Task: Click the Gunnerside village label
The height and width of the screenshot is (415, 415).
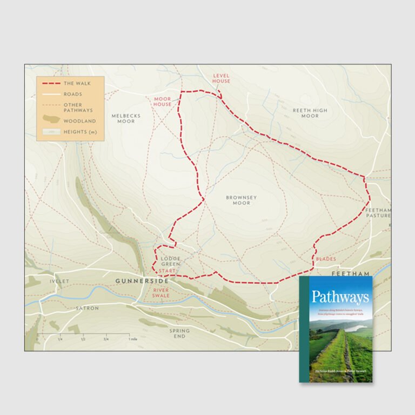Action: tap(142, 282)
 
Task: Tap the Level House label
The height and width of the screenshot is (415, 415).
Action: tap(222, 78)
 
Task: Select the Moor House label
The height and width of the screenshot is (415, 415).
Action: tap(163, 102)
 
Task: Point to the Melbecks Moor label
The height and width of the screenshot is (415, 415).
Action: tap(123, 118)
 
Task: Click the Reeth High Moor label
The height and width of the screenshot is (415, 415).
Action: tap(310, 113)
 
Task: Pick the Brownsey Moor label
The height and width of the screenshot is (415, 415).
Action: tap(241, 200)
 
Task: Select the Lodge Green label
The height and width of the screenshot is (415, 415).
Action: tap(171, 262)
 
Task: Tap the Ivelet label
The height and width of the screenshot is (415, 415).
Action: tap(59, 282)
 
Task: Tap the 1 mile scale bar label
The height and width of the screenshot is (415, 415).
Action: tap(132, 339)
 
